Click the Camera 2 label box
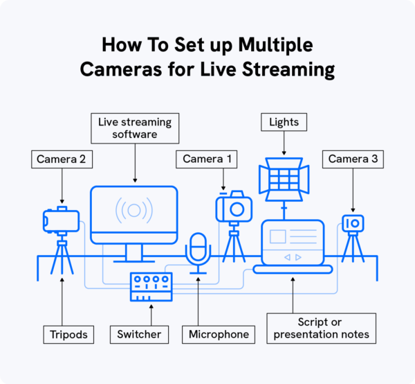[x=62, y=159]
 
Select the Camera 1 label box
[x=207, y=159]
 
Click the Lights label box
[x=284, y=123]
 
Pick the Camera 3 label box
[x=353, y=159]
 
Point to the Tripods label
[x=68, y=334]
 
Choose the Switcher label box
[x=138, y=334]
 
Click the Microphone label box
[x=218, y=334]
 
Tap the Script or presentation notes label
[x=322, y=329]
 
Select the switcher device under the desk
[x=151, y=286]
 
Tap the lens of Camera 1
[x=237, y=209]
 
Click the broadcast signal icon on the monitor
[x=133, y=211]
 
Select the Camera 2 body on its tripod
[x=60, y=220]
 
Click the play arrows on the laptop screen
[x=293, y=256]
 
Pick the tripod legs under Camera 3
[x=353, y=248]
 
